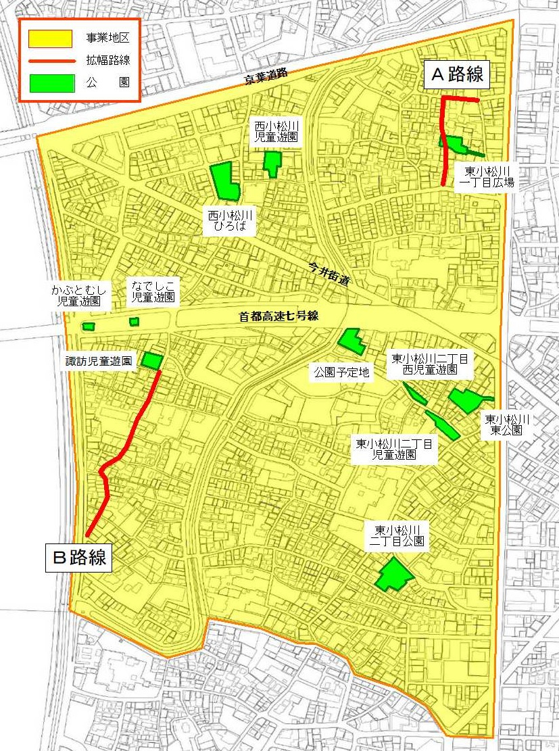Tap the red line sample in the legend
pos(51,61)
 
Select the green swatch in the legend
pos(51,82)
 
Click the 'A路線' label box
pos(458,74)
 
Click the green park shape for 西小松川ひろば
pos(224,181)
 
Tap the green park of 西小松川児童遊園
pos(272,163)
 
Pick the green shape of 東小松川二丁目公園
pos(393,575)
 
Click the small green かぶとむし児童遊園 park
pos(88,326)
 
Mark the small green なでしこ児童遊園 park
pos(134,322)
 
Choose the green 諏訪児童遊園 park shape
pos(151,361)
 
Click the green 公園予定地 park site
pos(351,341)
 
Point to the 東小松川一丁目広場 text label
pos(486,176)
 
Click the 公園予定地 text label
pos(342,372)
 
